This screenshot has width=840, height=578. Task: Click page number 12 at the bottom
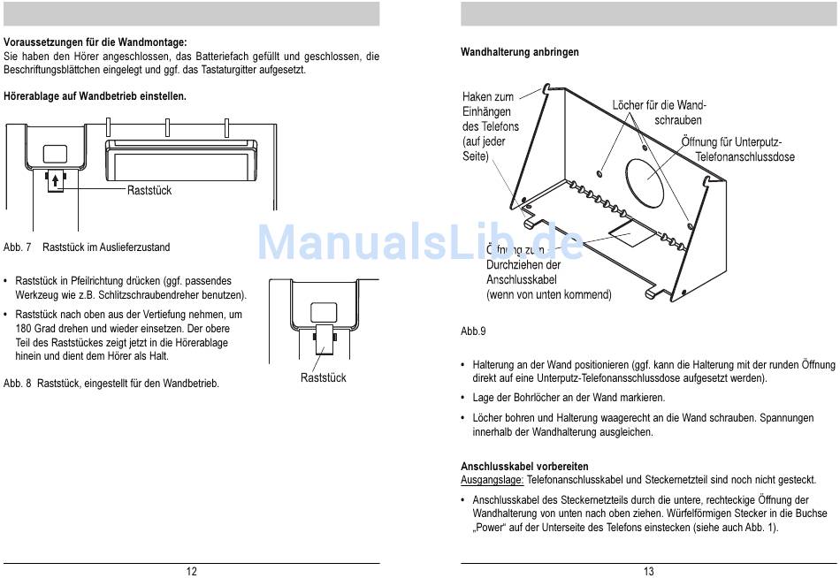pos(191,571)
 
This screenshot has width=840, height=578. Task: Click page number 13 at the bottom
pos(649,571)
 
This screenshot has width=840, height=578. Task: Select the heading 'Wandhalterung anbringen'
pos(520,52)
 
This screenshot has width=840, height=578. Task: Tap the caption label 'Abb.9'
pos(473,331)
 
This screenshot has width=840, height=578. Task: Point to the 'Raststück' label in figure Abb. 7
pos(149,190)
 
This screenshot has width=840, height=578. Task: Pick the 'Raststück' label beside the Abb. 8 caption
pos(323,377)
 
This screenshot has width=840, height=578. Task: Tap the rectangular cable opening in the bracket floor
pos(630,234)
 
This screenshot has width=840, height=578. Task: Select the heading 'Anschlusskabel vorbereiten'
pos(524,466)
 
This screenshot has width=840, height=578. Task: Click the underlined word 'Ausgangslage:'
pos(492,479)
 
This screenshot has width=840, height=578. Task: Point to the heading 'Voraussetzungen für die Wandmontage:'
pos(95,42)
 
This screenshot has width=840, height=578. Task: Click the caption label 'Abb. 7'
pos(18,247)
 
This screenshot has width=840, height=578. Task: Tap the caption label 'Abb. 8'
pos(18,384)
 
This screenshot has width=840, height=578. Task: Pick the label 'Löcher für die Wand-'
pos(659,105)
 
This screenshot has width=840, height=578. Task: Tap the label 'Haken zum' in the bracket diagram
pos(487,96)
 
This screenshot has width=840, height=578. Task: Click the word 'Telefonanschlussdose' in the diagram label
pos(745,156)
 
